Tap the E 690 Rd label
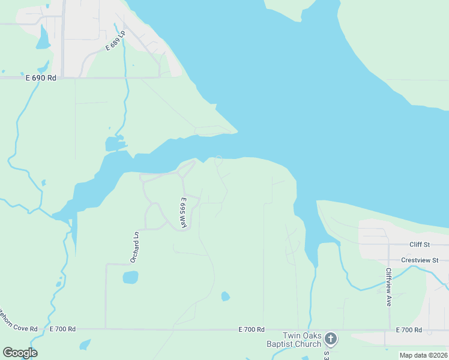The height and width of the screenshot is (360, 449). click(40, 78)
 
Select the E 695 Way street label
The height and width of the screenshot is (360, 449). click(182, 213)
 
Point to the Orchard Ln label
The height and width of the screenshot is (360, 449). click(135, 247)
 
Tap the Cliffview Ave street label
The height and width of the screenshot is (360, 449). click(389, 287)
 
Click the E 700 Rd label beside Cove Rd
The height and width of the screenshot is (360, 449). click(62, 329)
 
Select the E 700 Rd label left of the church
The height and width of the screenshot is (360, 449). click(252, 329)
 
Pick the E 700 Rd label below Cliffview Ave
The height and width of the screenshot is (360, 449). click(409, 330)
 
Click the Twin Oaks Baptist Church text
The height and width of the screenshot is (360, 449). click(294, 340)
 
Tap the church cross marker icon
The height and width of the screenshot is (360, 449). click(330, 340)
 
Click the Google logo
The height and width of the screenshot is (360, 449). click(20, 353)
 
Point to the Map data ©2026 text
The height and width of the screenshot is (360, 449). click(423, 355)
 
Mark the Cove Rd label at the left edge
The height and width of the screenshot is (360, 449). click(18, 329)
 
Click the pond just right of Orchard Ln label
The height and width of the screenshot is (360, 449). click(130, 277)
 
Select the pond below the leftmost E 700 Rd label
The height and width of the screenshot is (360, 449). click(85, 344)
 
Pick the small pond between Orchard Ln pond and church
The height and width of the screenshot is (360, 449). click(225, 296)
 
